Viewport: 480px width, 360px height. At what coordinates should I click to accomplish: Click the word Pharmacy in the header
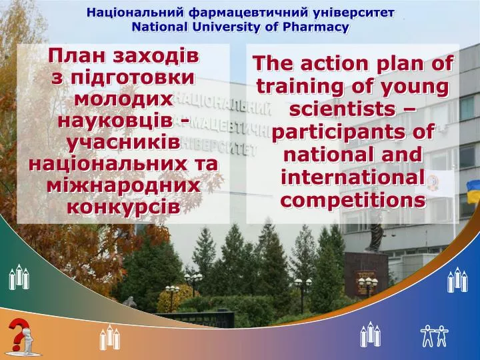click(315, 27)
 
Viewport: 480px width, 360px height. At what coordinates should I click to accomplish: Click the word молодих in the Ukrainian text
click(124, 99)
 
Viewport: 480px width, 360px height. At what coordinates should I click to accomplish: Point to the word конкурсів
click(124, 207)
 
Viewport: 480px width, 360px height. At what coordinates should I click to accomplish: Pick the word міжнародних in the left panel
click(124, 185)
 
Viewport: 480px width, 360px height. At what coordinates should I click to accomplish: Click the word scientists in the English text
click(342, 109)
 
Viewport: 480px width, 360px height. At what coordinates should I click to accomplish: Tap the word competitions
click(353, 201)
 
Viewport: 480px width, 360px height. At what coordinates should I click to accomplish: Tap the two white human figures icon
click(434, 336)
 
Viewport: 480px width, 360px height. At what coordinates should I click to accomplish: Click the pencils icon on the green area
click(19, 277)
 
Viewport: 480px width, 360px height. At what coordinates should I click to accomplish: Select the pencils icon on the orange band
click(109, 337)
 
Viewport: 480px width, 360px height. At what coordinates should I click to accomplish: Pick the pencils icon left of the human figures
click(370, 334)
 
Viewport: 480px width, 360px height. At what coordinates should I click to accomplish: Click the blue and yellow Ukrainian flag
click(473, 191)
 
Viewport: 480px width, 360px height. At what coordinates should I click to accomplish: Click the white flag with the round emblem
click(435, 183)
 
